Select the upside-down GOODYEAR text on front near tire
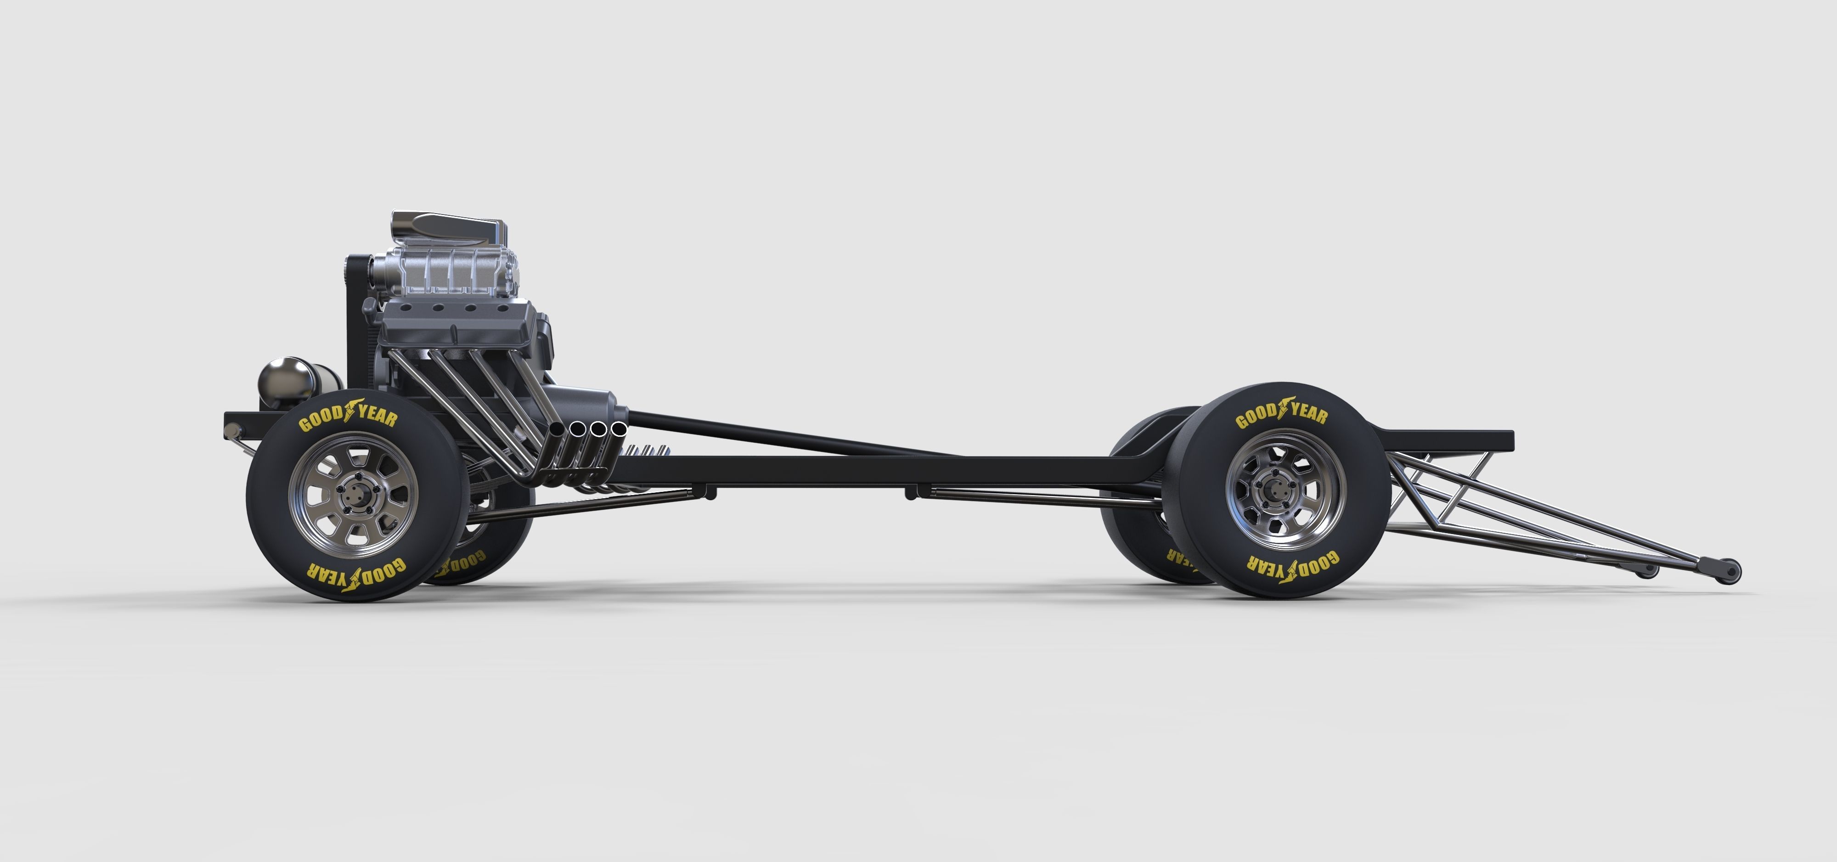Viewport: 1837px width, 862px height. tap(356, 575)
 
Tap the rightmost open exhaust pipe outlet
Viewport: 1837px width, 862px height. tap(619, 429)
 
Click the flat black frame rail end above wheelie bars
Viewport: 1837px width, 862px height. tap(1462, 440)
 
